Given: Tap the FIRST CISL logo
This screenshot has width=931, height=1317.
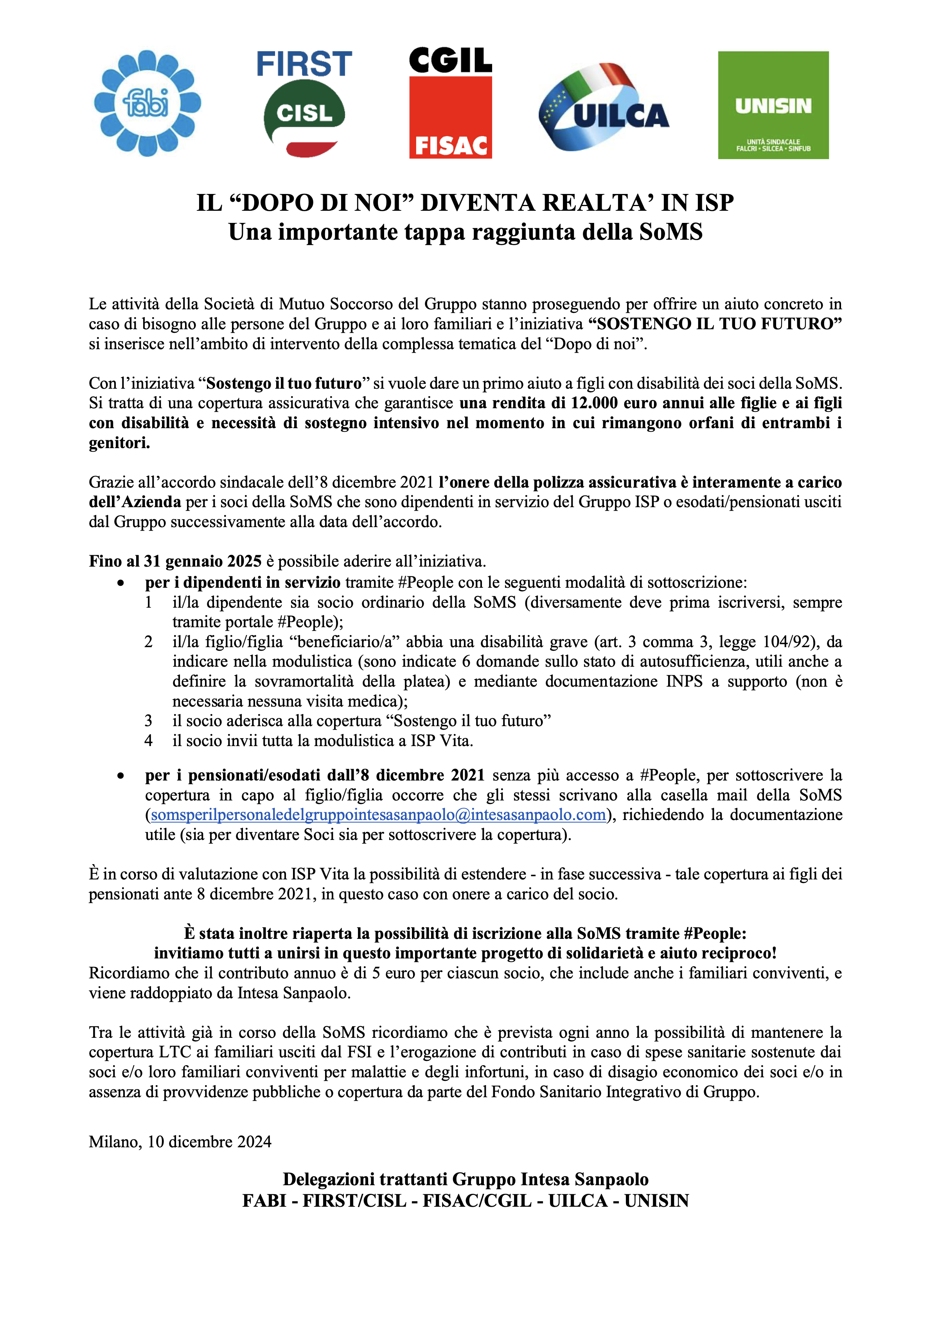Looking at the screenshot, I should (304, 103).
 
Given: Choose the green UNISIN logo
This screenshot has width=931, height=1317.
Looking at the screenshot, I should (773, 105).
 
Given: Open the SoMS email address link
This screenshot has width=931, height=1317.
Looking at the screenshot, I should (378, 815).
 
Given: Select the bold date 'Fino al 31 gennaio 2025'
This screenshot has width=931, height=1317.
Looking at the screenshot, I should (175, 561).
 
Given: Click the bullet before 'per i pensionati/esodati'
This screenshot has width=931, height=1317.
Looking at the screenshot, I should (120, 776).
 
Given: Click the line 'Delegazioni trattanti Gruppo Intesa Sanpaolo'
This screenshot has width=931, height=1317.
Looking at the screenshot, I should (465, 1179).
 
